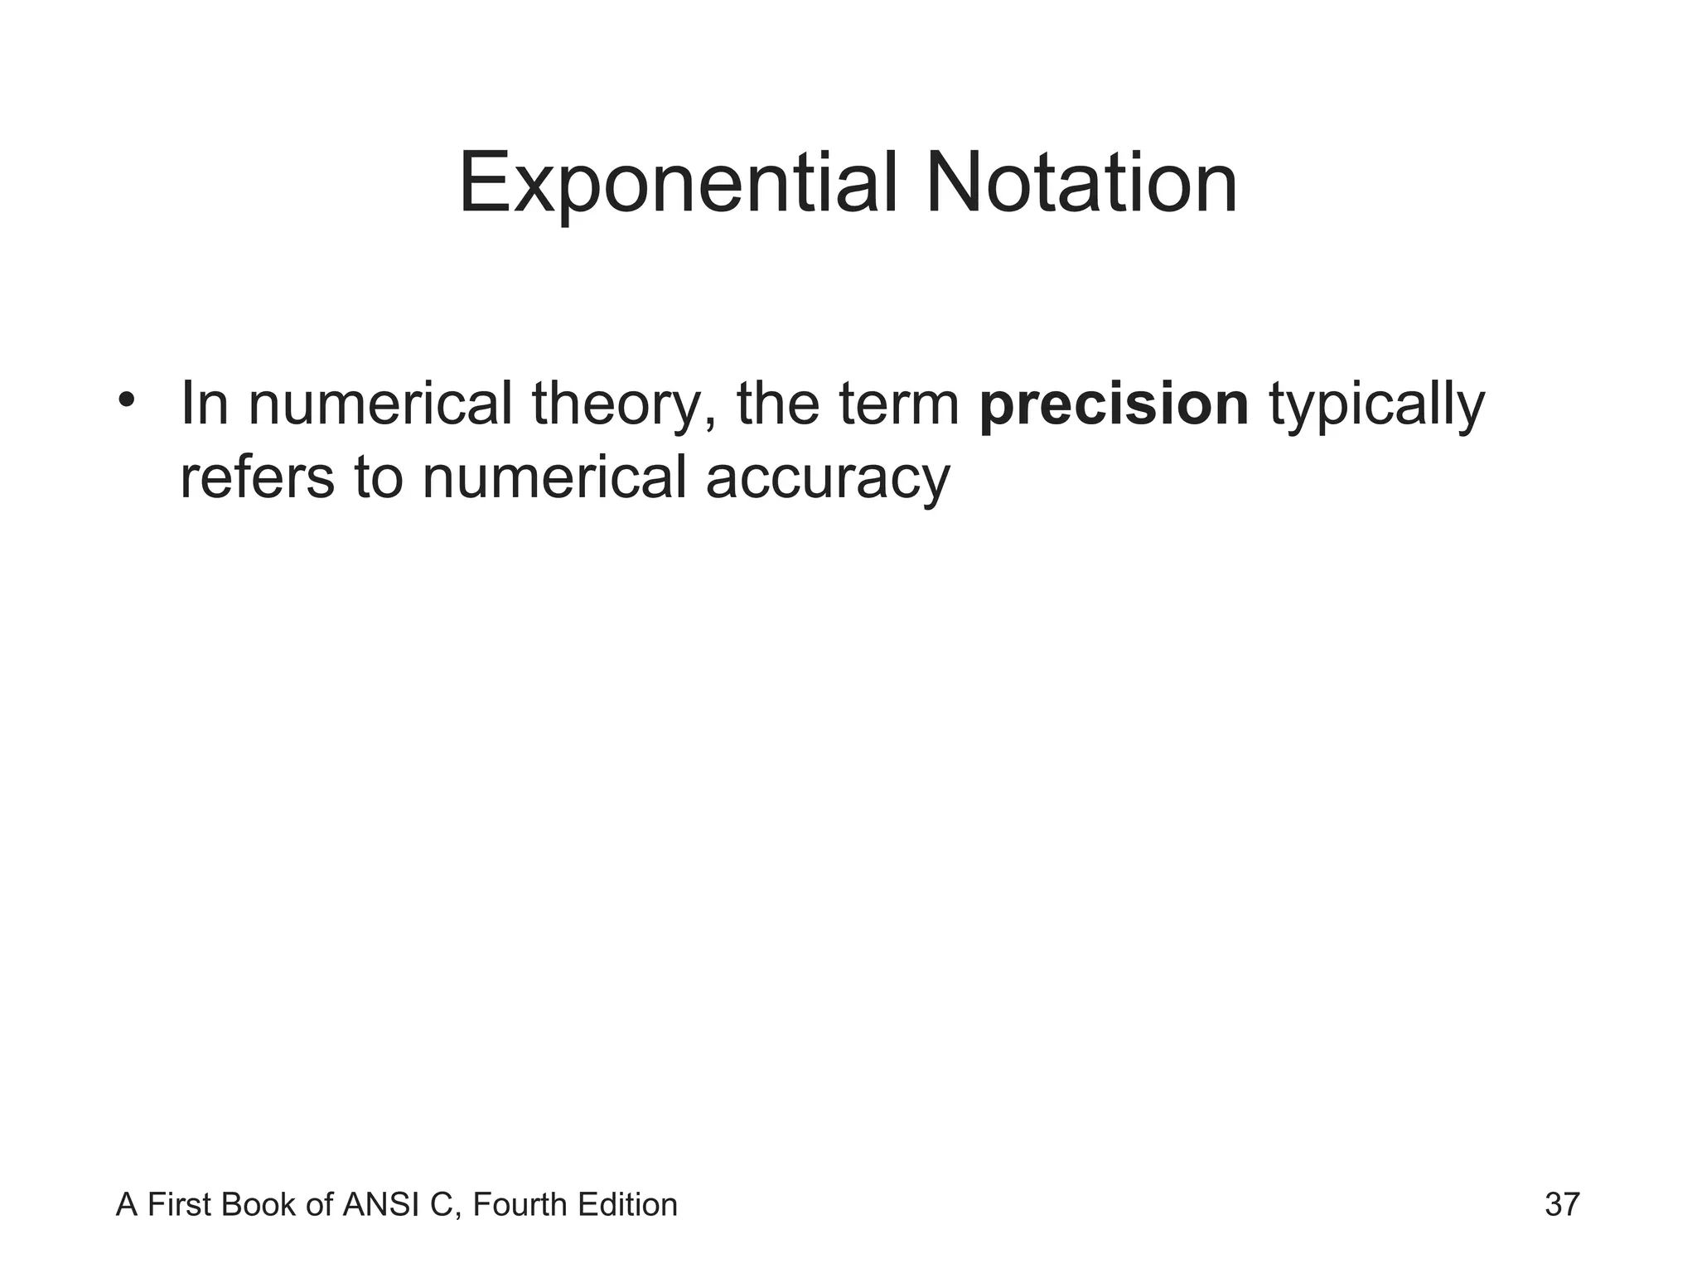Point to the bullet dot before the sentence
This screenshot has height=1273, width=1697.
click(126, 400)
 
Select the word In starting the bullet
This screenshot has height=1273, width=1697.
click(204, 404)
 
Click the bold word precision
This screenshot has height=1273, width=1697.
click(1114, 405)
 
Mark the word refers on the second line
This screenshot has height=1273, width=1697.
click(257, 478)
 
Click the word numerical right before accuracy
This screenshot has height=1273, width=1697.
click(554, 478)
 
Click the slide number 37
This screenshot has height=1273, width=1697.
click(1562, 1204)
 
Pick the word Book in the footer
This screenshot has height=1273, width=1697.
click(260, 1204)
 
